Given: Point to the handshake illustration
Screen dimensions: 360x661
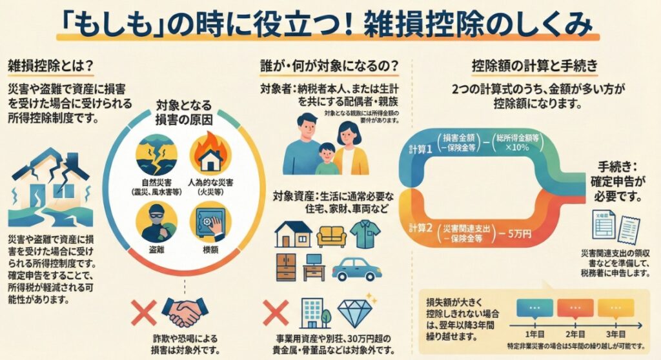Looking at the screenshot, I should pos(183,312).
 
